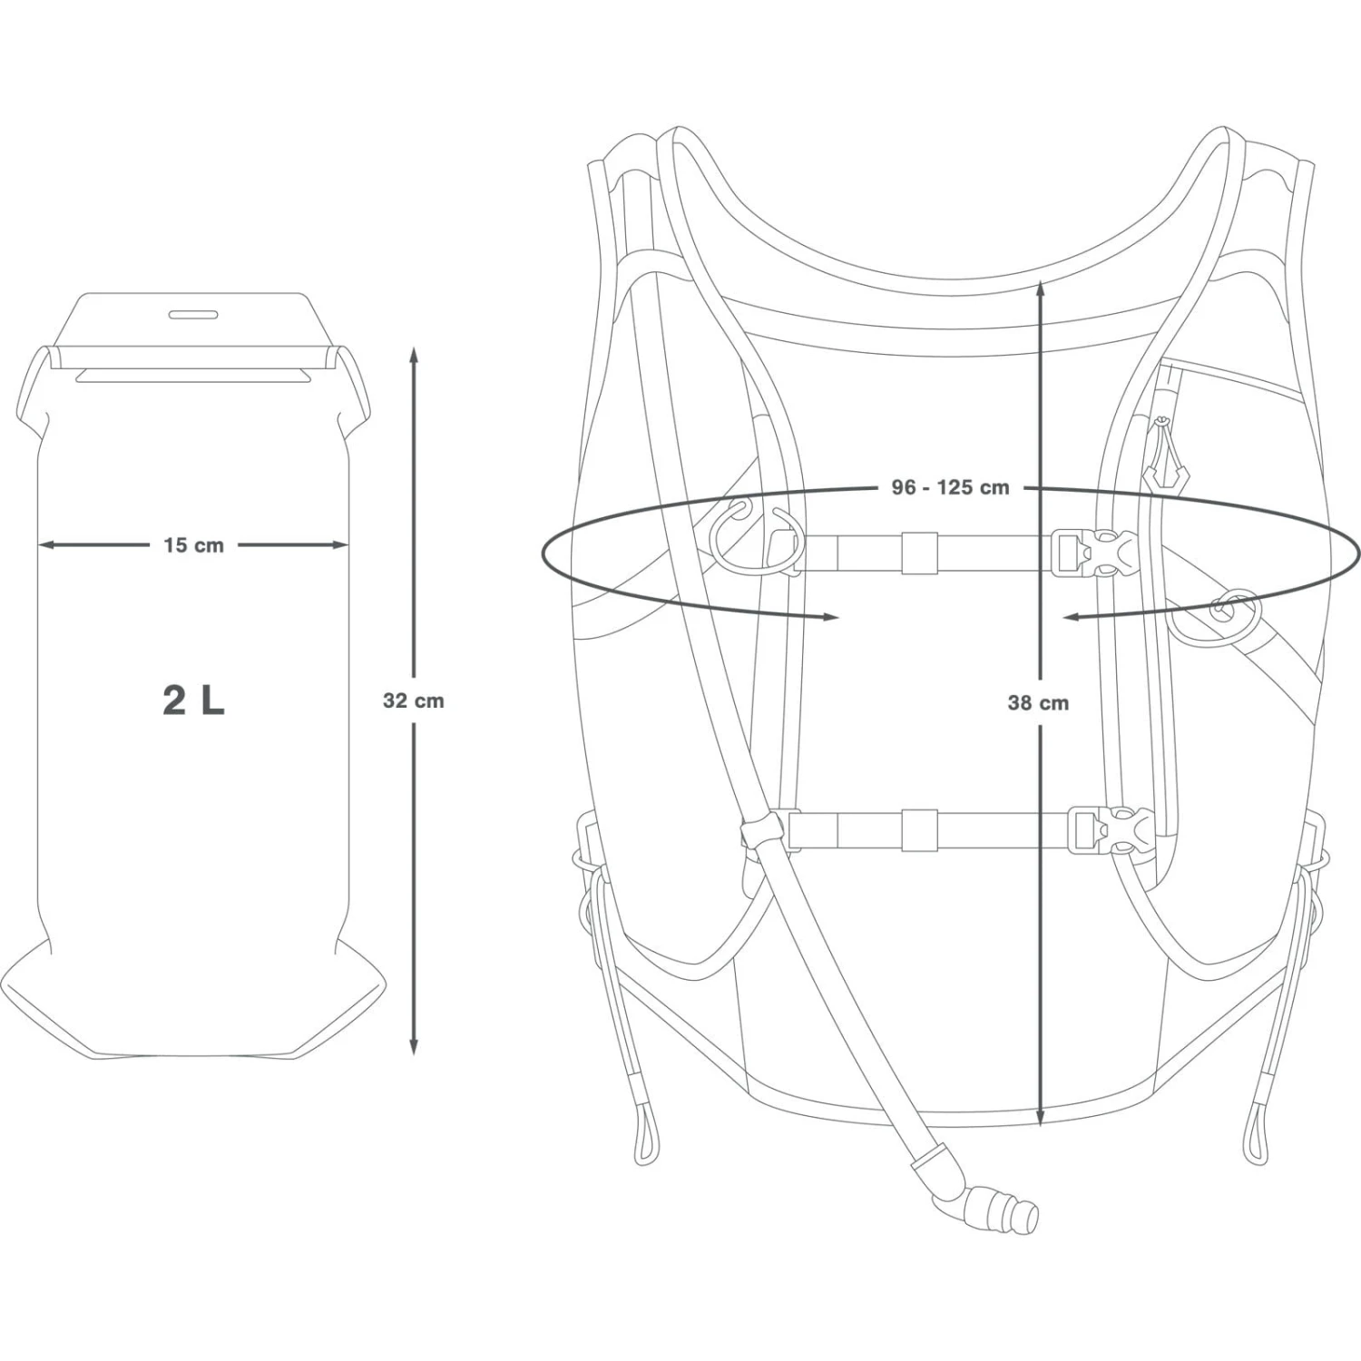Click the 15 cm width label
tap(193, 545)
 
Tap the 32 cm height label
tap(414, 700)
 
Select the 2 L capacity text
tap(193, 700)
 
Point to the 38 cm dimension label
tap(1038, 702)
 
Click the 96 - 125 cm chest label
tap(950, 487)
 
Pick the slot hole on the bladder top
tap(193, 315)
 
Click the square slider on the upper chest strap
tap(919, 553)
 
